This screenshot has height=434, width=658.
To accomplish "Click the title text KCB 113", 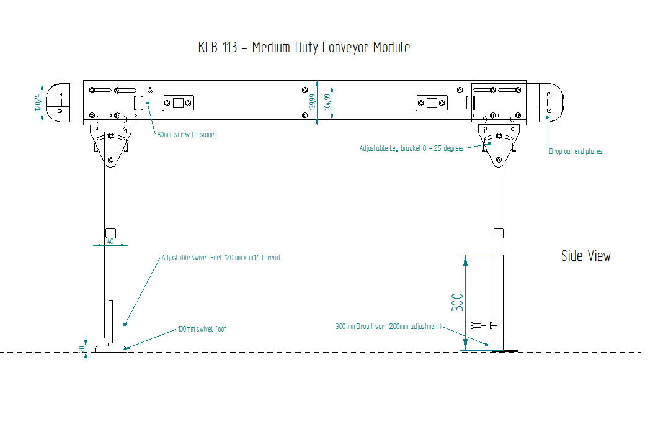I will [218, 47].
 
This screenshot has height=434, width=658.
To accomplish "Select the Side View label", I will [585, 256].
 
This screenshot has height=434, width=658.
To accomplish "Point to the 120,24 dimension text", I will [38, 102].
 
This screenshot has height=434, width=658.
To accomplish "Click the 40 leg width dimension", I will [110, 242].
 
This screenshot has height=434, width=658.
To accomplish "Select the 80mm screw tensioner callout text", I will [186, 134].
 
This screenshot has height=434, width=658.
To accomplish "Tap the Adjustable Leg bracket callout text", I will [411, 148].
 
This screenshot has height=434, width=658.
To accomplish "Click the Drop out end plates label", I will [575, 151].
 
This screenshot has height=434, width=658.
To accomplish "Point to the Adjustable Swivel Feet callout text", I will [220, 257].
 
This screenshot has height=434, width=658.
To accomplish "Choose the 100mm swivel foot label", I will [202, 328].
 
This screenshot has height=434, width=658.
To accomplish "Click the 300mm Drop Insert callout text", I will [388, 326].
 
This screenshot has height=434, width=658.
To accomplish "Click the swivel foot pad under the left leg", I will [110, 349].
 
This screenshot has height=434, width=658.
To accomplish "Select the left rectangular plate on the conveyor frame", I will [178, 102].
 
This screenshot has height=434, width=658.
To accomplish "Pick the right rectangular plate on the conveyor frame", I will [431, 102].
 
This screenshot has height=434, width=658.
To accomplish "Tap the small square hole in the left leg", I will [110, 232].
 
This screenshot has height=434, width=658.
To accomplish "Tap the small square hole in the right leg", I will [498, 233].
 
